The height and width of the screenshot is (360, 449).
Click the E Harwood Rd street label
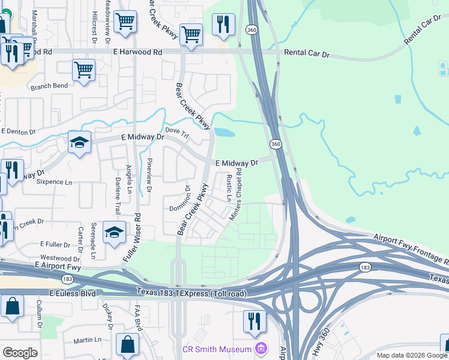[137, 52]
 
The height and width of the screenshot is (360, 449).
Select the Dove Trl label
[176, 133]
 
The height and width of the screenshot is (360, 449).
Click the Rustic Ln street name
[229, 187]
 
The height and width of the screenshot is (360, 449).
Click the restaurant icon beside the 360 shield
[223, 25]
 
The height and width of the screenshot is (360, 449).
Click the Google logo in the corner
[20, 353]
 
